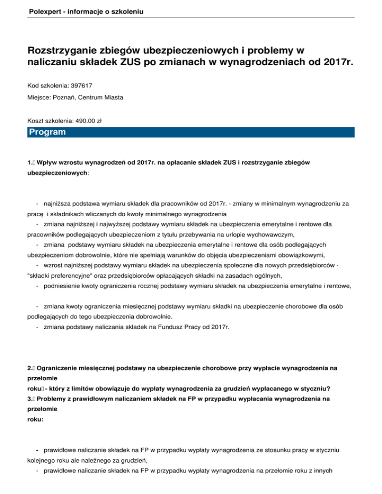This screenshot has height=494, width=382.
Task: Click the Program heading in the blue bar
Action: (47, 132)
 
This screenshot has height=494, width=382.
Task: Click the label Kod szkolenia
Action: (47, 85)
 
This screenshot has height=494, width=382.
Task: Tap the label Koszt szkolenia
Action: (49, 120)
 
